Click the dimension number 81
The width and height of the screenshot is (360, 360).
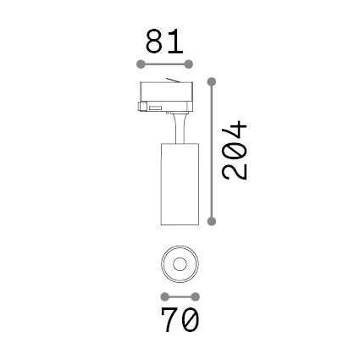(x=164, y=42)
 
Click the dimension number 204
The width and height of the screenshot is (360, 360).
(x=235, y=150)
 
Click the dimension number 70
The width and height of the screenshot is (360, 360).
(x=180, y=320)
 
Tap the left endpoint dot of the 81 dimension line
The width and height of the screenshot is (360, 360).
(x=141, y=64)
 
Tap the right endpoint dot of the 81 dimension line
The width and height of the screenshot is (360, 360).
(x=189, y=64)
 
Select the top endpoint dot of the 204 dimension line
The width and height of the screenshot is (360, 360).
(x=212, y=82)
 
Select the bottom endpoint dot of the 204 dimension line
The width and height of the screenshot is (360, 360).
(x=212, y=221)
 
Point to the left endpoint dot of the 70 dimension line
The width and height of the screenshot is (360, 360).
(x=164, y=297)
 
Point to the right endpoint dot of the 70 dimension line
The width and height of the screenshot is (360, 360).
(x=195, y=297)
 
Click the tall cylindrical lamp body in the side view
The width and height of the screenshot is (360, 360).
(x=180, y=184)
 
